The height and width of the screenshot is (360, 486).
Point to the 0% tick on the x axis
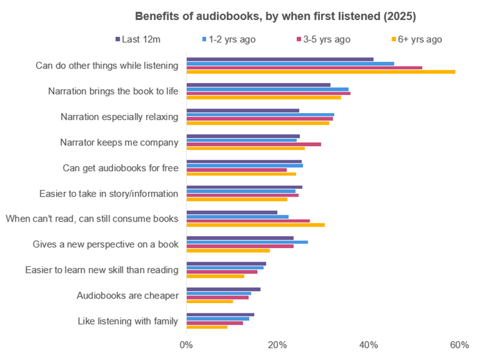pos(186,345)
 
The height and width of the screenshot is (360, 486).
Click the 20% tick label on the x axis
pos(277,345)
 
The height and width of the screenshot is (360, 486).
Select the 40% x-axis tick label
pos(368,345)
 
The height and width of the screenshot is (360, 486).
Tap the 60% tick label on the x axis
pos(459,345)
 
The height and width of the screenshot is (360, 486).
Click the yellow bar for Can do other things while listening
pos(321,72)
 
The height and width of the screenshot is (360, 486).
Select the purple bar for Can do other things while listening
pos(280,59)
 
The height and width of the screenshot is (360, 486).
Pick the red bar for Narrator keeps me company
pos(253,144)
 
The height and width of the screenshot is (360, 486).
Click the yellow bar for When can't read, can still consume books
pos(255,225)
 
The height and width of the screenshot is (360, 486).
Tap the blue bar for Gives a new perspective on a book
pos(247,242)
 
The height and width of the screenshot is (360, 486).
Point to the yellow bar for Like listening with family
pos(207,327)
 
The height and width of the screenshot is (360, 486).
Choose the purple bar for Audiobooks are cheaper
pos(223,289)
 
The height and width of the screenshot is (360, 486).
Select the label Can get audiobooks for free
pos(120,168)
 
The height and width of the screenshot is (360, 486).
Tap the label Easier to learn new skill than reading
pos(101,270)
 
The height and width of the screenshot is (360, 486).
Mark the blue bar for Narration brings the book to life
pos(267,89)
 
